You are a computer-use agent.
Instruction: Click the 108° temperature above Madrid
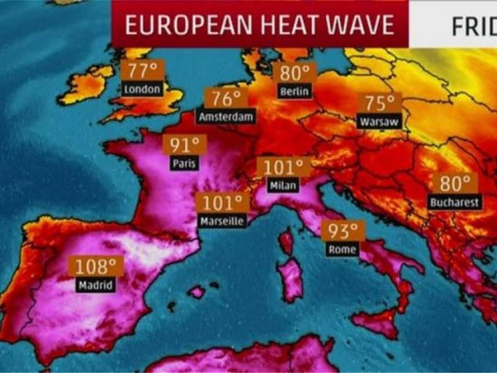pyautogui.click(x=96, y=267)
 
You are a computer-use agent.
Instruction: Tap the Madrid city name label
pyautogui.click(x=96, y=285)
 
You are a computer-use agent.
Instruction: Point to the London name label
pyautogui.click(x=142, y=89)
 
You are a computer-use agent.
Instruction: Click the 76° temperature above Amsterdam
pyautogui.click(x=226, y=99)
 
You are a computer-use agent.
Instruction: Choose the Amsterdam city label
pyautogui.click(x=226, y=116)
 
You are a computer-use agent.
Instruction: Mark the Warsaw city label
pyautogui.click(x=379, y=122)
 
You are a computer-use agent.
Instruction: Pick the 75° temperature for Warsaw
pyautogui.click(x=380, y=103)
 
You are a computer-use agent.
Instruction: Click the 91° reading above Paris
pyautogui.click(x=185, y=146)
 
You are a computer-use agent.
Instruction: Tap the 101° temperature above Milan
pyautogui.click(x=283, y=168)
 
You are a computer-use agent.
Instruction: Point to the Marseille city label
pyautogui.click(x=222, y=221)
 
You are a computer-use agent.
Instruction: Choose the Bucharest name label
pyautogui.click(x=455, y=202)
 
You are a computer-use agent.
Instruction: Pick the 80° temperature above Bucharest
pyautogui.click(x=455, y=184)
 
